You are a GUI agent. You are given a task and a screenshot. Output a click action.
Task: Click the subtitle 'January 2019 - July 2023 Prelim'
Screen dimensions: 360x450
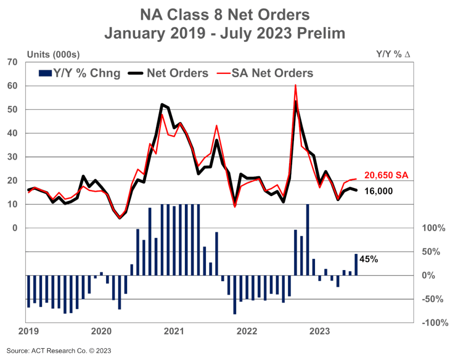[225, 33]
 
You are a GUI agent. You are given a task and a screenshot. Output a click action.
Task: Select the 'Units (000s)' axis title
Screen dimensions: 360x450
[53, 54]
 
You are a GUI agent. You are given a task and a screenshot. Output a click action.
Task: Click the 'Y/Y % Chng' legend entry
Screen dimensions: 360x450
[79, 73]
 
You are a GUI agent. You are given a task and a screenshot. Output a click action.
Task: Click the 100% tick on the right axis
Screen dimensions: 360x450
[432, 228]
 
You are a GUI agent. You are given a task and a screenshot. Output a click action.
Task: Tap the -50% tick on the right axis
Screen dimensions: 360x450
[433, 299]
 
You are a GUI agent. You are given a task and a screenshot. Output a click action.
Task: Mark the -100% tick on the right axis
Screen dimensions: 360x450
[432, 323]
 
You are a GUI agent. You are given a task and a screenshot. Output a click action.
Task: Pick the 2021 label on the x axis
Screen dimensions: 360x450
[174, 332]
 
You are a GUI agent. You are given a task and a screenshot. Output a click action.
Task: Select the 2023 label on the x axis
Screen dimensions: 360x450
[320, 332]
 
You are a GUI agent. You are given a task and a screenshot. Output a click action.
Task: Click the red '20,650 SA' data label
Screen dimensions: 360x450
[386, 176]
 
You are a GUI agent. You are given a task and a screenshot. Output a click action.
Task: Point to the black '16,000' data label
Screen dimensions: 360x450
[379, 191]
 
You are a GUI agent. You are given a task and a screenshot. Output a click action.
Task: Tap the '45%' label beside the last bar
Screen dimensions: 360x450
[369, 260]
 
